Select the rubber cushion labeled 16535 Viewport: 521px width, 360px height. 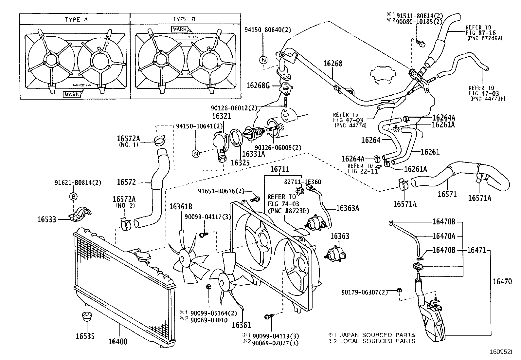click(x=87, y=317)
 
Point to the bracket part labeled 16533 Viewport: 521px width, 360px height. click(x=81, y=215)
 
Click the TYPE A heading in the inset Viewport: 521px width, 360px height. click(x=76, y=19)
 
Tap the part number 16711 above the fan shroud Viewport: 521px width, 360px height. click(x=280, y=169)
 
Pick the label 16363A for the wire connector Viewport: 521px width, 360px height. click(x=348, y=208)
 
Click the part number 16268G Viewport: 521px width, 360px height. click(x=258, y=86)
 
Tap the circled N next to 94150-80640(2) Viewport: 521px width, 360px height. click(x=263, y=60)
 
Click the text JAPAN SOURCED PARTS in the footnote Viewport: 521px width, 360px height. click(x=377, y=335)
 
